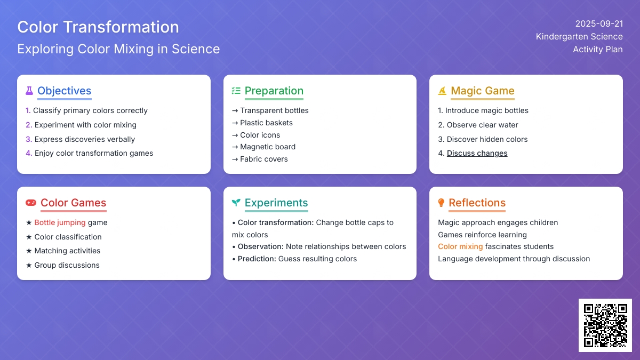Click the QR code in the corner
(x=605, y=325)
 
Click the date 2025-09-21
(x=599, y=23)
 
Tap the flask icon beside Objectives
(x=29, y=91)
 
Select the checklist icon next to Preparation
(x=236, y=91)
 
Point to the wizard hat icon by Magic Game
(x=442, y=91)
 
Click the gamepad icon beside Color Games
(x=31, y=203)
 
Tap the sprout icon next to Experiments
(x=236, y=203)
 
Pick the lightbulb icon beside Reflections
(x=441, y=203)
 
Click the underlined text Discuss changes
(x=477, y=153)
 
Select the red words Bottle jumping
(x=60, y=222)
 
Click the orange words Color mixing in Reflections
(x=460, y=246)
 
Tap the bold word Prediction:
(x=257, y=259)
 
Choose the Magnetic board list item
(x=268, y=147)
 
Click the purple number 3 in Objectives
(x=29, y=139)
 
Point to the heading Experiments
(x=276, y=203)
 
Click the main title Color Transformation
(x=98, y=27)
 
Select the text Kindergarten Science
(x=579, y=37)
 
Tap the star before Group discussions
(x=29, y=266)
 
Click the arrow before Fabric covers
(x=235, y=159)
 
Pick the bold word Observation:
(x=261, y=246)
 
